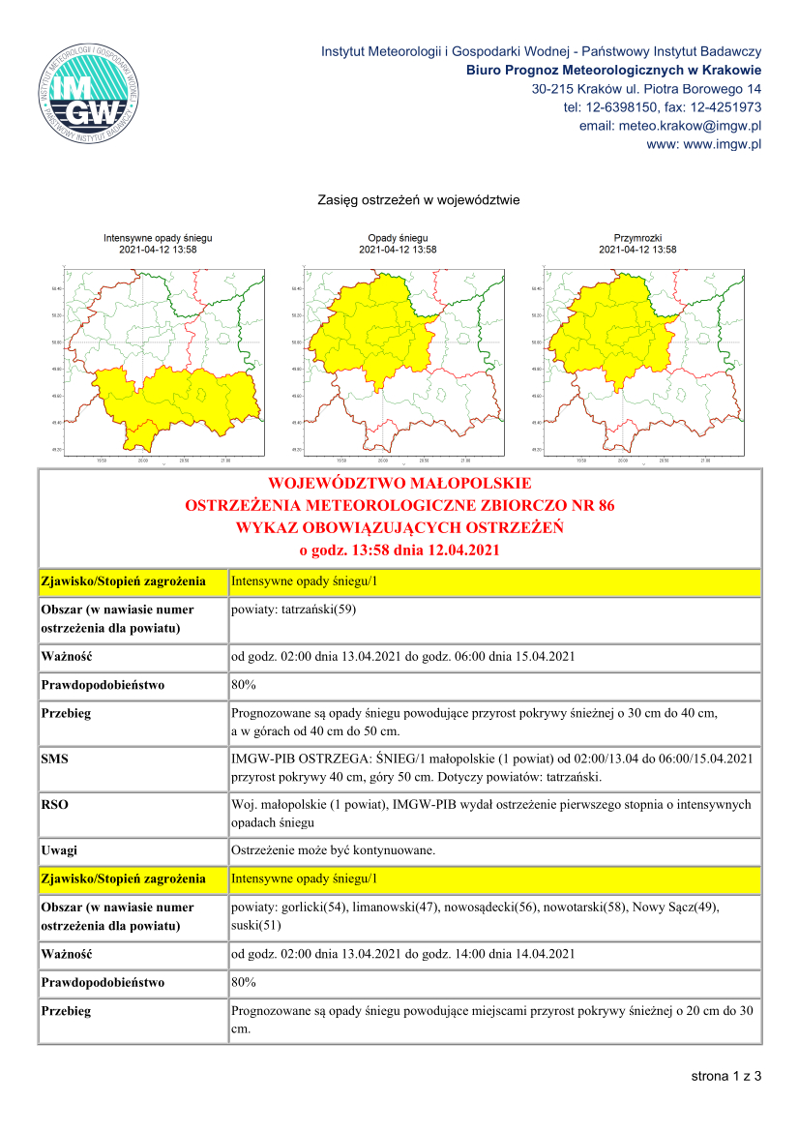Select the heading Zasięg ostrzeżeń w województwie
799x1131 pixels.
point(419,200)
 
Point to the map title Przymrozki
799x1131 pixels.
point(637,238)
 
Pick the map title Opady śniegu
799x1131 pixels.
point(398,238)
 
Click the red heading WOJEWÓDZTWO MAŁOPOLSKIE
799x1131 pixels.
point(399,483)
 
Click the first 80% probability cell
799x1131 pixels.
point(244,685)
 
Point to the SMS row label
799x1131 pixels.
point(54,760)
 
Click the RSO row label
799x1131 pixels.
point(55,804)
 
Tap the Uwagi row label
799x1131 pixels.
point(59,850)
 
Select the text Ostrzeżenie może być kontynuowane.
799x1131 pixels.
point(334,850)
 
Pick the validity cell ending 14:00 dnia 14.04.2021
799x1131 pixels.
point(403,954)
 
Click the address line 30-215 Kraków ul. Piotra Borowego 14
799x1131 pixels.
point(646,89)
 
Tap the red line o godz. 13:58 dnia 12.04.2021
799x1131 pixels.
point(399,551)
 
